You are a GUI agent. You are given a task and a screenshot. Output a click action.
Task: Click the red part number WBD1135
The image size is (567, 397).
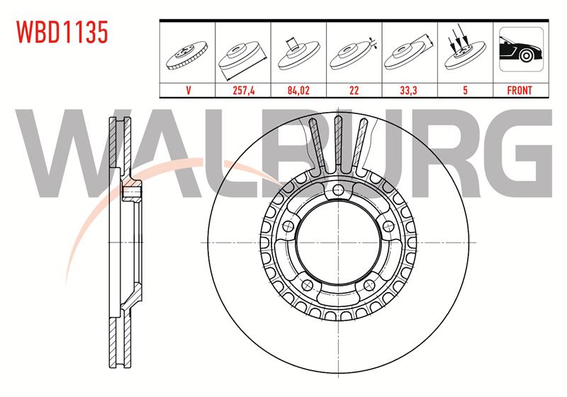click(62, 32)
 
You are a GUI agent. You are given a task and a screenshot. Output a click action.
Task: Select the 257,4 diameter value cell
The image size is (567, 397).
click(243, 91)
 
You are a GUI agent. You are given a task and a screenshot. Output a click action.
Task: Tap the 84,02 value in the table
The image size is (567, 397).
click(298, 91)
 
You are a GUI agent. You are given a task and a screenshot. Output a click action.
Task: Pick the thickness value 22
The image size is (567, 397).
click(354, 91)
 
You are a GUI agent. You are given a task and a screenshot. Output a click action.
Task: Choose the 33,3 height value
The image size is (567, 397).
click(408, 91)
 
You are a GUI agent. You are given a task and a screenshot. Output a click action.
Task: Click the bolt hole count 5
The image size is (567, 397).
click(465, 91)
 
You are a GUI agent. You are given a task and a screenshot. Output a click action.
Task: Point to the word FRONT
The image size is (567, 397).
click(520, 91)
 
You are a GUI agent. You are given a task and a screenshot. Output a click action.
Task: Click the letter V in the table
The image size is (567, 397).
click(188, 91)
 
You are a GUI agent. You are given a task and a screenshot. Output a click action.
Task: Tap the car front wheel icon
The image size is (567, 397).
click(521, 49)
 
